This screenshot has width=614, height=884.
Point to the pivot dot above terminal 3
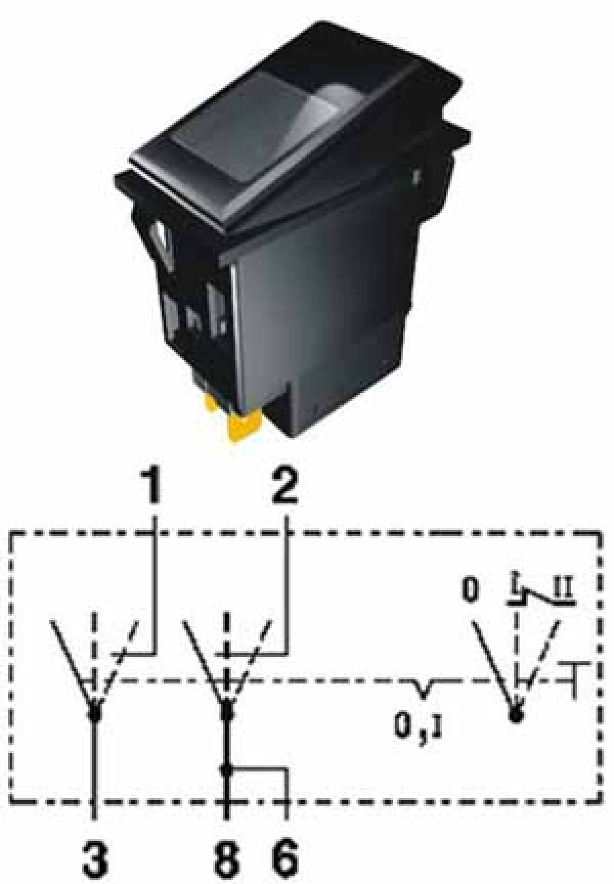94,712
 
